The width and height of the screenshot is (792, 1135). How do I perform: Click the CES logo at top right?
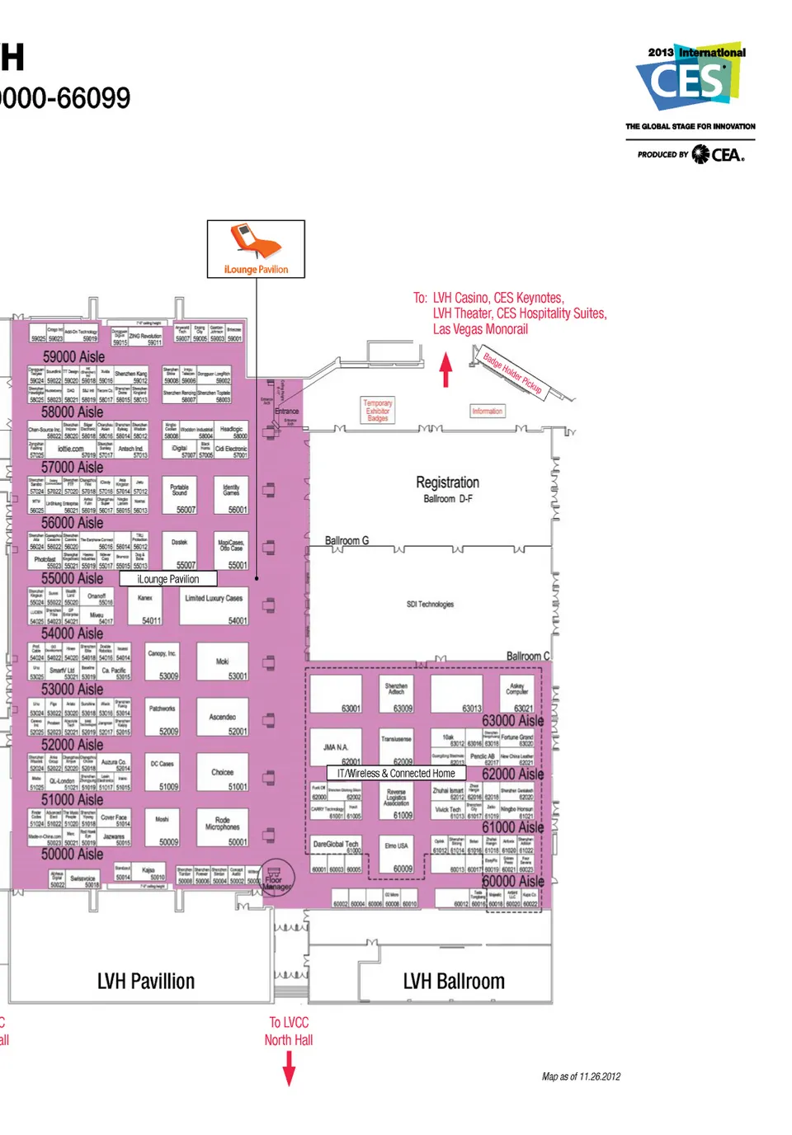tap(690, 78)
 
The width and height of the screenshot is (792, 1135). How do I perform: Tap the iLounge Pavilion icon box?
tap(256, 248)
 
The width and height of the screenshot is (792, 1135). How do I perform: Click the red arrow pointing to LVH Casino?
tap(445, 370)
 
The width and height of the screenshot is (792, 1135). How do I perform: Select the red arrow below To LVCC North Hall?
tap(289, 1070)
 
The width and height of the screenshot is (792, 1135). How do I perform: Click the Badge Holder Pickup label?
tap(512, 373)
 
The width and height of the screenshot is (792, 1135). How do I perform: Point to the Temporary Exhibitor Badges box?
tap(378, 411)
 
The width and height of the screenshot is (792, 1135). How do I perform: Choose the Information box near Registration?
tap(487, 411)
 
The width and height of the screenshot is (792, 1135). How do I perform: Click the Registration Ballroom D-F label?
tap(447, 488)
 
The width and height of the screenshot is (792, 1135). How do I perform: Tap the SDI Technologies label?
tap(430, 605)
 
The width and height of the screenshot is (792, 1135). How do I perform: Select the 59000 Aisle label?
tap(73, 357)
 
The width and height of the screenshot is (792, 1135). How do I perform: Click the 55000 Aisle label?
tap(72, 578)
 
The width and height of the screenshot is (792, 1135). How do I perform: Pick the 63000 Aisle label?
tap(512, 721)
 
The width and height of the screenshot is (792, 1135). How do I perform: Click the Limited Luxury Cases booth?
tap(214, 608)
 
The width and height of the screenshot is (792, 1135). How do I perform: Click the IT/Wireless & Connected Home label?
tap(396, 774)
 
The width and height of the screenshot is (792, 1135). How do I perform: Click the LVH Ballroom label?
tap(454, 982)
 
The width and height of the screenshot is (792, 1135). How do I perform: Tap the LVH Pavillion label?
tap(146, 982)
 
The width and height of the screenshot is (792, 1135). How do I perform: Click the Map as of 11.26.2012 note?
tap(581, 1076)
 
